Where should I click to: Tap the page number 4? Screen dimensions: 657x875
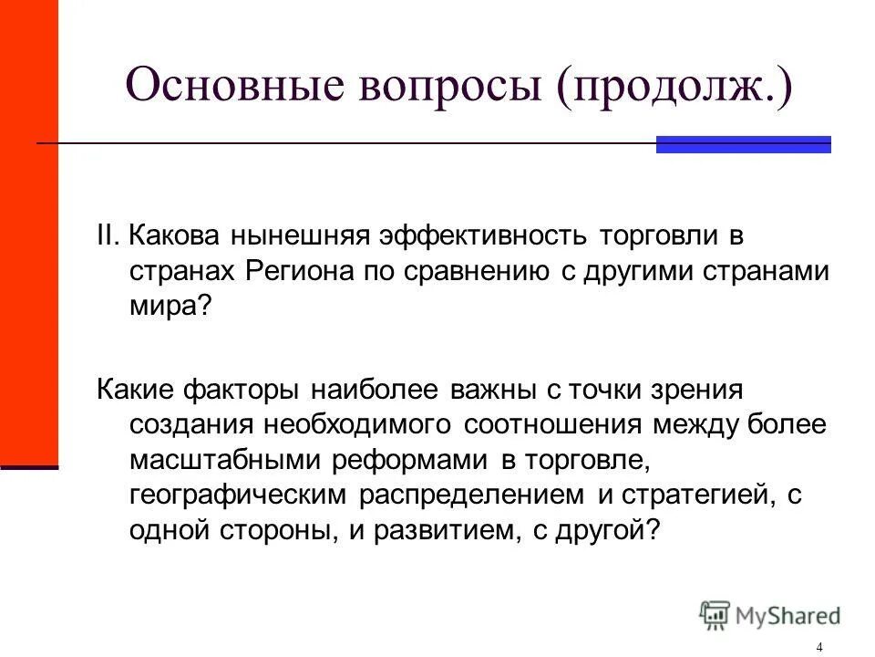pos(820,647)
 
